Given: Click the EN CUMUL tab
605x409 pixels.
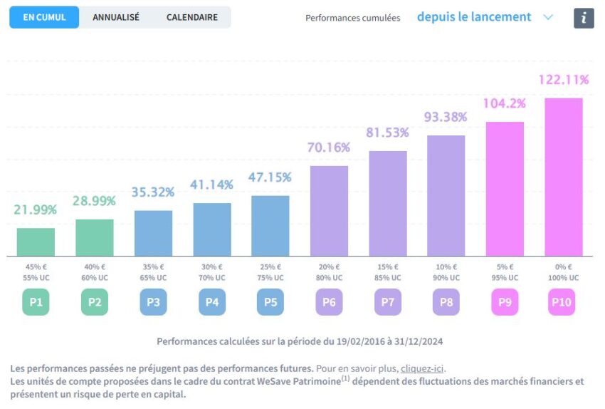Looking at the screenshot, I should coord(44,17).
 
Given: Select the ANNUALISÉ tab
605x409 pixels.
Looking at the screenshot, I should coord(116,17).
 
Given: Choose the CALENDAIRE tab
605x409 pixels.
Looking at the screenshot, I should coord(192,17).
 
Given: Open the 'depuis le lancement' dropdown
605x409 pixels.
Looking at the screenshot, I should coord(485,17).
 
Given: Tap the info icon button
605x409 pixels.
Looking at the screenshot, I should coord(584,18).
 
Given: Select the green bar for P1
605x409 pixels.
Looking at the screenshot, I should coord(36,242).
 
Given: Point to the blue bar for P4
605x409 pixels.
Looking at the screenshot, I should coord(212,229).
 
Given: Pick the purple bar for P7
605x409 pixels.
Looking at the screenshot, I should coord(388,203).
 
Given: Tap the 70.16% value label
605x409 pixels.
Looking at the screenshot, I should coord(329,147).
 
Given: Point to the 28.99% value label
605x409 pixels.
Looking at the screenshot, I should coord(95,201).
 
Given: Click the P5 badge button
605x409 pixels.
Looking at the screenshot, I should coord(270,302).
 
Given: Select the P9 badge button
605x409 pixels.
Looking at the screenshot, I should coord(505,302).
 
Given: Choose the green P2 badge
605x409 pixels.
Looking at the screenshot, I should coord(95,302).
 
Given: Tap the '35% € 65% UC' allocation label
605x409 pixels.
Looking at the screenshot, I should coord(153,272).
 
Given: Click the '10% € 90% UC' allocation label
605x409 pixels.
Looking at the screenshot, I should coord(446,272).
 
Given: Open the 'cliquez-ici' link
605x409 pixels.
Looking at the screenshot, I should coord(423,368).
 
